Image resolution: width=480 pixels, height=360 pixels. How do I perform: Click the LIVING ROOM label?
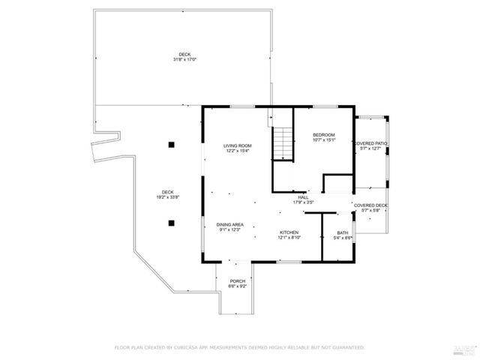[x=237, y=145]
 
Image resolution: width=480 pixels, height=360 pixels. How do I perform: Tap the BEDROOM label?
[x=323, y=134]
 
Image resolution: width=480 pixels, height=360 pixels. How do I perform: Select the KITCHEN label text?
[x=289, y=232]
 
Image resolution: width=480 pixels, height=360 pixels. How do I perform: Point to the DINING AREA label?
[x=229, y=225]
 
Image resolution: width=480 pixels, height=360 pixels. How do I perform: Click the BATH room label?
[x=342, y=232]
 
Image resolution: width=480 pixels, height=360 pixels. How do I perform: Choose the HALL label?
[x=303, y=197]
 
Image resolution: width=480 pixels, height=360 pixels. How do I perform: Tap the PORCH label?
[x=237, y=281]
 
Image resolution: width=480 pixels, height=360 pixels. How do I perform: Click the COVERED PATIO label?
[x=370, y=143]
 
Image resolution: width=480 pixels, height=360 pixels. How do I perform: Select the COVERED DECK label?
[x=370, y=205]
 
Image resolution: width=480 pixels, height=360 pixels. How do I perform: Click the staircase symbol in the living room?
[x=281, y=142]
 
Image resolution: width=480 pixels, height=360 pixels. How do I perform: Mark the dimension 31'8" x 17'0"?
[x=185, y=59]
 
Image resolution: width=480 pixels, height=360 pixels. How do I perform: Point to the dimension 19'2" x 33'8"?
[x=165, y=196]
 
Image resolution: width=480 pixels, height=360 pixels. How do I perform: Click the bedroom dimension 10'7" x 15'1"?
[x=323, y=139]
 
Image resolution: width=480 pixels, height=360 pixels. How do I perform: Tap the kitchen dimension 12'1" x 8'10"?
[x=289, y=238]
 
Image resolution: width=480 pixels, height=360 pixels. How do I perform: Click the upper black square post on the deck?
[x=172, y=144]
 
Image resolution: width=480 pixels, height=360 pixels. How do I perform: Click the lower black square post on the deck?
[x=172, y=222]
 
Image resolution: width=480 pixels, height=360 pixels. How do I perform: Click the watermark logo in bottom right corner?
[x=465, y=348]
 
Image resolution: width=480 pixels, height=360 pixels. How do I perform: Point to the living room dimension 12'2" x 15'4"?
[x=237, y=151]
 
